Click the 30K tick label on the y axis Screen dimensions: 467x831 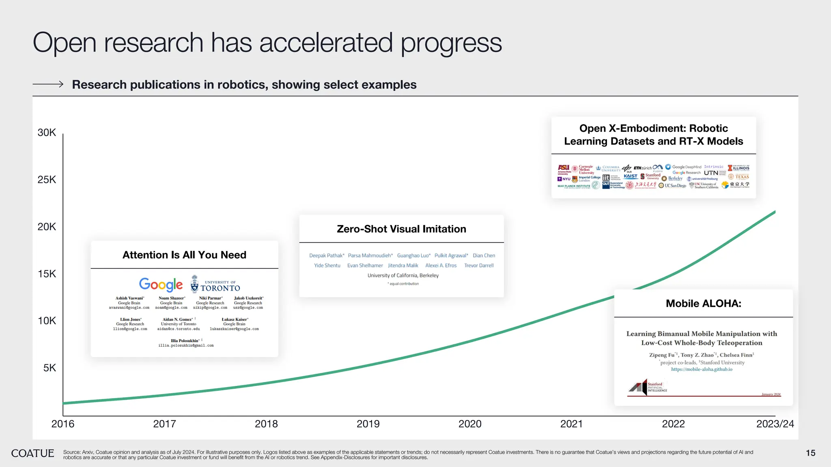pyautogui.click(x=47, y=133)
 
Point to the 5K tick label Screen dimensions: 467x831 pyautogui.click(x=50, y=368)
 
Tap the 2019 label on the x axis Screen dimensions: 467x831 pyautogui.click(x=368, y=424)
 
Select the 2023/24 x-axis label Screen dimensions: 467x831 pyautogui.click(x=775, y=424)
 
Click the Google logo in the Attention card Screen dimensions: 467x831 pyautogui.click(x=161, y=285)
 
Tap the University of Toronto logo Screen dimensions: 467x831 pyautogui.click(x=215, y=285)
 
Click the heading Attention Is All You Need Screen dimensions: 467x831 pyautogui.click(x=184, y=255)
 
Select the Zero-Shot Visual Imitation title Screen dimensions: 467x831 pyautogui.click(x=401, y=229)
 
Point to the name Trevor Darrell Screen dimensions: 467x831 pyautogui.click(x=479, y=266)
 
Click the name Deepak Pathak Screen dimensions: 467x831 pyautogui.click(x=326, y=255)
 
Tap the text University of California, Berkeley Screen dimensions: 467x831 pyautogui.click(x=403, y=276)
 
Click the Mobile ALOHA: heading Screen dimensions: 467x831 pyautogui.click(x=703, y=304)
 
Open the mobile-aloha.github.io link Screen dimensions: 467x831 pyautogui.click(x=702, y=369)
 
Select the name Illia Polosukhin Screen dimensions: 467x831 pyautogui.click(x=185, y=341)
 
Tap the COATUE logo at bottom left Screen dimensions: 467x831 pyautogui.click(x=32, y=453)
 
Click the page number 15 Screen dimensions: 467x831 pyautogui.click(x=810, y=453)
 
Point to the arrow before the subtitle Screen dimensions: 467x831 pyautogui.click(x=48, y=84)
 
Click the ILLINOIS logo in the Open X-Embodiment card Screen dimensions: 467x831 pyautogui.click(x=738, y=168)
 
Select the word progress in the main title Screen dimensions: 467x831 pyautogui.click(x=451, y=43)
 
